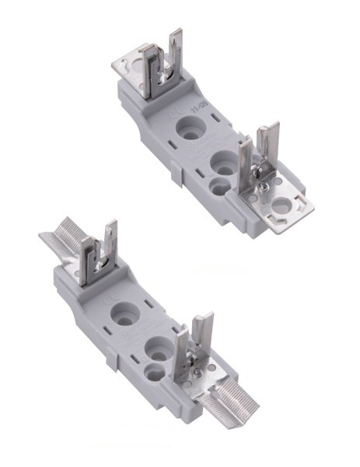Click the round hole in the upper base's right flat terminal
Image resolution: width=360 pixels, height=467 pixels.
pyautogui.click(x=280, y=208)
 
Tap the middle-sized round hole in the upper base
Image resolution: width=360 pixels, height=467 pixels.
pyautogui.click(x=225, y=163)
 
